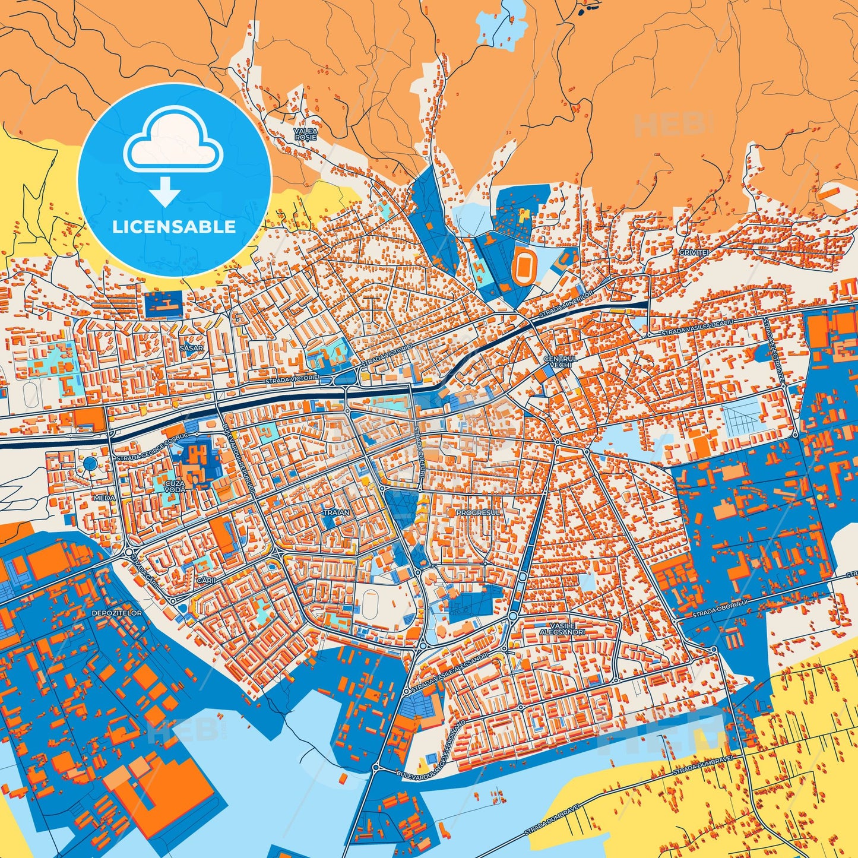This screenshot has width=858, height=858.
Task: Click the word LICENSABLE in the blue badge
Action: pos(175,227)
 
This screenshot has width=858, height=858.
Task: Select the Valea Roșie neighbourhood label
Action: pos(306,133)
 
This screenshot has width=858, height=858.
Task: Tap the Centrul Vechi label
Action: pos(559,362)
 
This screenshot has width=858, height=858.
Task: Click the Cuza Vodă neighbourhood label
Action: pos(176,487)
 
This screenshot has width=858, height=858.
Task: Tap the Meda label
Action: pos(103,498)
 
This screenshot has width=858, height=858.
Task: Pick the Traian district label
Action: pos(335,511)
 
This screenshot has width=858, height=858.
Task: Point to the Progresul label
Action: pos(478,511)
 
